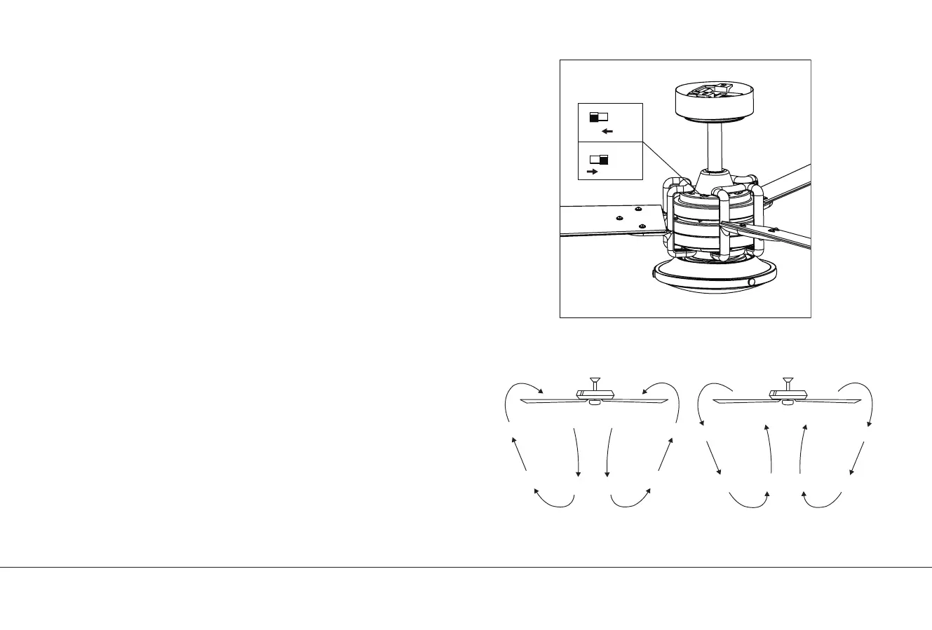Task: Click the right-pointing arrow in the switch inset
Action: click(593, 171)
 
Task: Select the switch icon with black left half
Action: click(598, 116)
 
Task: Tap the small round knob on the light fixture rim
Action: click(752, 282)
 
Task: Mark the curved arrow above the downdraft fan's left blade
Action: click(522, 390)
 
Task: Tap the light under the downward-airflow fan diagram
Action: click(595, 402)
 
